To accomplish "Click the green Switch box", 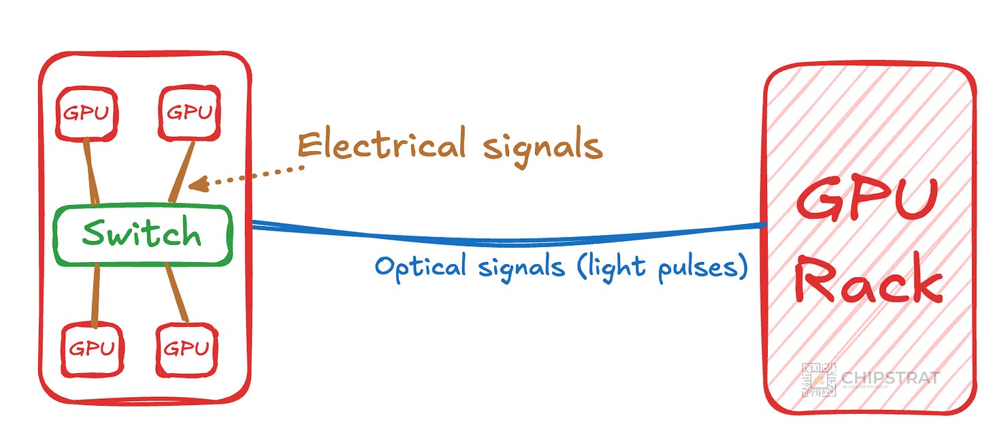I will pos(142,235).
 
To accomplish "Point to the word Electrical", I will pos(381,145).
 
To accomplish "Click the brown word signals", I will pos(543,146).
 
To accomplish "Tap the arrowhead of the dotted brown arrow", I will pos(193,184).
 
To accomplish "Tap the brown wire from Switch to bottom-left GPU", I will pos(95,294).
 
